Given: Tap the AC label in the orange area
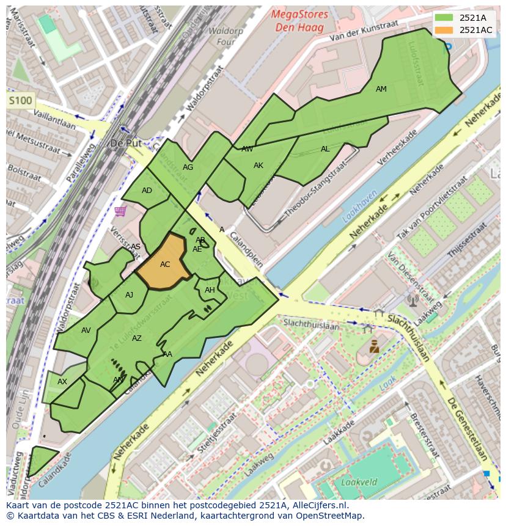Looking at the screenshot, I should point(165,265).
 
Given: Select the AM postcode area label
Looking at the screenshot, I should point(381,89).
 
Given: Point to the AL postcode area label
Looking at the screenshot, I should point(325,149).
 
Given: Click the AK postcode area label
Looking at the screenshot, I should point(258,166).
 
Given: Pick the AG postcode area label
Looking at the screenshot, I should point(188,167).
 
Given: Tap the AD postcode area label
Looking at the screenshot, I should point(147,191).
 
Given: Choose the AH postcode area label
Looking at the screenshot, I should point(210,290).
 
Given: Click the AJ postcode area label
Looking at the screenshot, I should point(129,295).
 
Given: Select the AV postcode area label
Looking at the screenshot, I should point(86,331).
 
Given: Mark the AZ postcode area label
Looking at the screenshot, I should point(137,338).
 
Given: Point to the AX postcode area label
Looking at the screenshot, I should point(62,382).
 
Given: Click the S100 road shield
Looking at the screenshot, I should point(20,100).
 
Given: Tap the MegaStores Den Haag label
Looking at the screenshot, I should point(300,21).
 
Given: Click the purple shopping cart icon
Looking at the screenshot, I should point(120,211).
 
